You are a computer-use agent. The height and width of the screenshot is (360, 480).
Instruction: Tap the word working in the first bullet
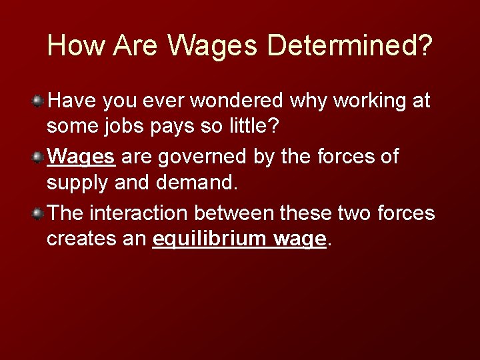point(364,102)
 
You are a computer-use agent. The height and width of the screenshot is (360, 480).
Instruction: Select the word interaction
point(139,213)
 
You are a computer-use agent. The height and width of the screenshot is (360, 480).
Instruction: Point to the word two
point(350,213)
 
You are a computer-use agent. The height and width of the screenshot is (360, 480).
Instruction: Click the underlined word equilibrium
point(209,237)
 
